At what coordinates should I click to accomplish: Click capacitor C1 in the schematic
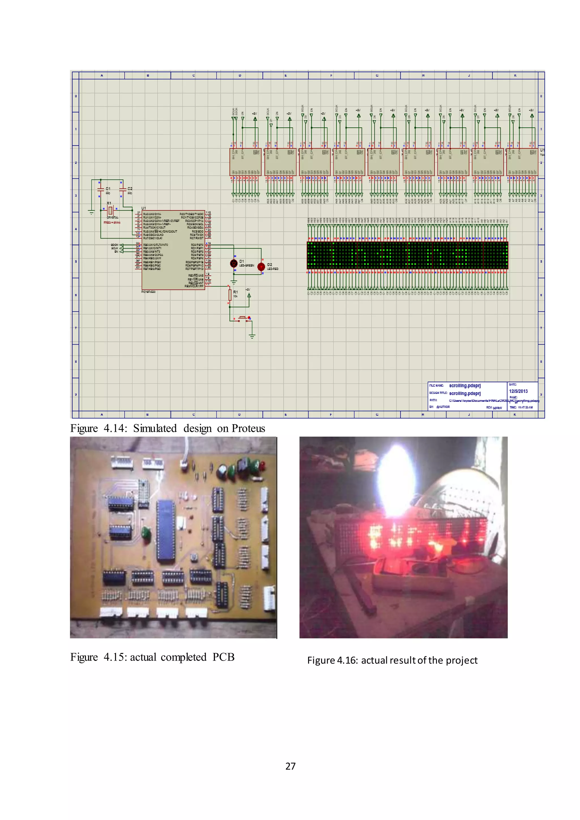(101, 189)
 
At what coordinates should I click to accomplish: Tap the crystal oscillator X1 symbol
(110, 210)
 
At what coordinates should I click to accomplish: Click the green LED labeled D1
(234, 264)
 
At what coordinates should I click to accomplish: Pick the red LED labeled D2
(261, 266)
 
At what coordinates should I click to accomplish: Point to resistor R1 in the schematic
(230, 295)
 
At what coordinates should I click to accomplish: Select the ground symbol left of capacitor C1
(91, 212)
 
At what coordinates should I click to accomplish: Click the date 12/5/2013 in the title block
(518, 391)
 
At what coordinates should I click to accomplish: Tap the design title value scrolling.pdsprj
(465, 393)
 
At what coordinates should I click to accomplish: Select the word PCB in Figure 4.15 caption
(223, 657)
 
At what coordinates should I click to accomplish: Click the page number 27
(290, 766)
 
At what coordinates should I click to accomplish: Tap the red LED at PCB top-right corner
(263, 466)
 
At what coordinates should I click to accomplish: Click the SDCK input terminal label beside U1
(114, 245)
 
